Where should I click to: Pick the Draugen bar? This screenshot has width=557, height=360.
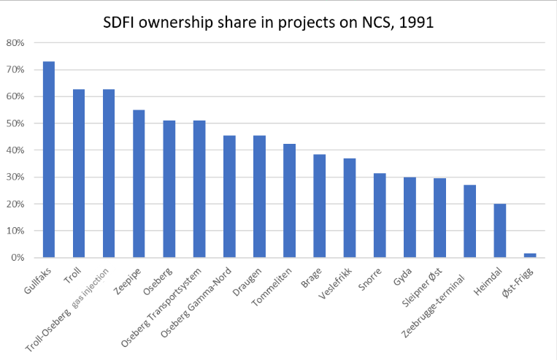pyautogui.click(x=259, y=196)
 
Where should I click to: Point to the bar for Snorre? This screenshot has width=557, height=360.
pyautogui.click(x=380, y=215)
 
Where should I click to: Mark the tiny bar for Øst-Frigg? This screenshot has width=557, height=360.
pyautogui.click(x=530, y=256)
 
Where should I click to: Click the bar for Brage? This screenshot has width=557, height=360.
pyautogui.click(x=319, y=206)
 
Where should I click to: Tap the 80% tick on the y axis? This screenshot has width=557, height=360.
pyautogui.click(x=16, y=42)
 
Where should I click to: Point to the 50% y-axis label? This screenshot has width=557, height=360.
pyautogui.click(x=16, y=123)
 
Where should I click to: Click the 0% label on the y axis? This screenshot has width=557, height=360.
pyautogui.click(x=18, y=258)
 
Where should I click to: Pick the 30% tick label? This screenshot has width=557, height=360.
pyautogui.click(x=16, y=177)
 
